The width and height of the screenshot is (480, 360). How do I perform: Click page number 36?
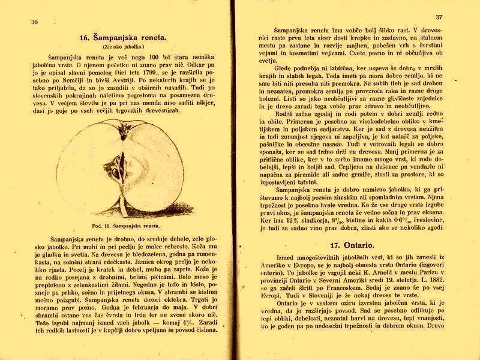click(x=34, y=22)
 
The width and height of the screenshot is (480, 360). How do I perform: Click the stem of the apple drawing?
click(x=124, y=207)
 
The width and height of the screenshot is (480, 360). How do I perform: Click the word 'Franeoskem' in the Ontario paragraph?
click(x=349, y=289)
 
